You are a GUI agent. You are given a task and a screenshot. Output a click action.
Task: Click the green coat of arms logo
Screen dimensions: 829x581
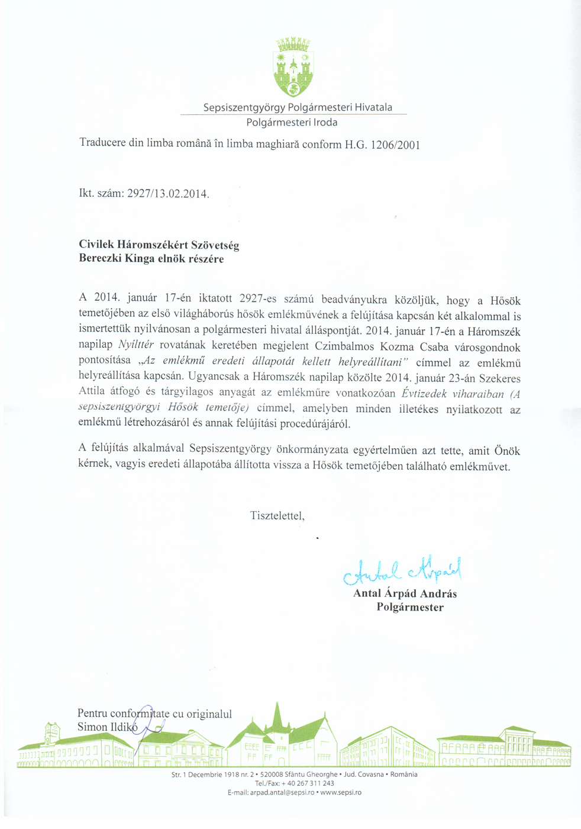tap(293, 67)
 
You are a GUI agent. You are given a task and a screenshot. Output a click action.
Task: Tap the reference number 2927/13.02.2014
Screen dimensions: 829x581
tap(168, 194)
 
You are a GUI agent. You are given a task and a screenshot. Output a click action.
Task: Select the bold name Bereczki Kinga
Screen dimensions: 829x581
tap(117, 259)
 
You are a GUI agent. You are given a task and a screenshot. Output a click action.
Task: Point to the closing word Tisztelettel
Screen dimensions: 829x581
tap(277, 516)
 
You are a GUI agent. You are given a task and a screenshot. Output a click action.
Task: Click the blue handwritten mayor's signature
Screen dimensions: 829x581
tap(402, 569)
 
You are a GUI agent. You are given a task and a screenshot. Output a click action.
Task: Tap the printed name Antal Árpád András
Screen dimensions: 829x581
tap(405, 593)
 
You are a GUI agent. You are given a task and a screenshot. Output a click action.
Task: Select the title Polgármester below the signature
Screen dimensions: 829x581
tap(410, 607)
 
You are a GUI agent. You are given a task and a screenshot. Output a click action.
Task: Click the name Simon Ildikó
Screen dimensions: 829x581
tap(107, 727)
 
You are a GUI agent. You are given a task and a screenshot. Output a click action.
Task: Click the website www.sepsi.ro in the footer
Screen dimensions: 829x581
tap(341, 792)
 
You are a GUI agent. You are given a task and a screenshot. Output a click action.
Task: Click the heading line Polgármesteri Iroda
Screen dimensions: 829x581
tap(292, 123)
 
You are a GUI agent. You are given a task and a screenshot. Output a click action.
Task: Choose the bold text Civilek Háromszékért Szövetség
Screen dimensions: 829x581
tap(159, 245)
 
